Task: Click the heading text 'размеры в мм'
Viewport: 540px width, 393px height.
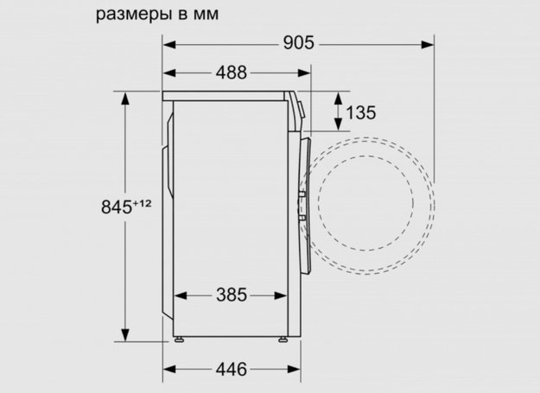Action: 157,15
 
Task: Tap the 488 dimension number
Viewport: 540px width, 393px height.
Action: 231,73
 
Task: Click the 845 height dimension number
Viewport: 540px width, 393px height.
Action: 114,206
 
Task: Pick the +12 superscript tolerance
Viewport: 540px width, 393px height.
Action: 143,203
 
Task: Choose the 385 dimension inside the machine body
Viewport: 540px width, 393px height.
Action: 231,295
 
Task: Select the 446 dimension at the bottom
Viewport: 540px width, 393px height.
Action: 231,369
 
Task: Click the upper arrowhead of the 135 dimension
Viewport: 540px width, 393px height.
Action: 337,96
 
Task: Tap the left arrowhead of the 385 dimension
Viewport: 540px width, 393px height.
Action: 179,295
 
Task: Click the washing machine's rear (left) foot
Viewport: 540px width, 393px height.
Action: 180,338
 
